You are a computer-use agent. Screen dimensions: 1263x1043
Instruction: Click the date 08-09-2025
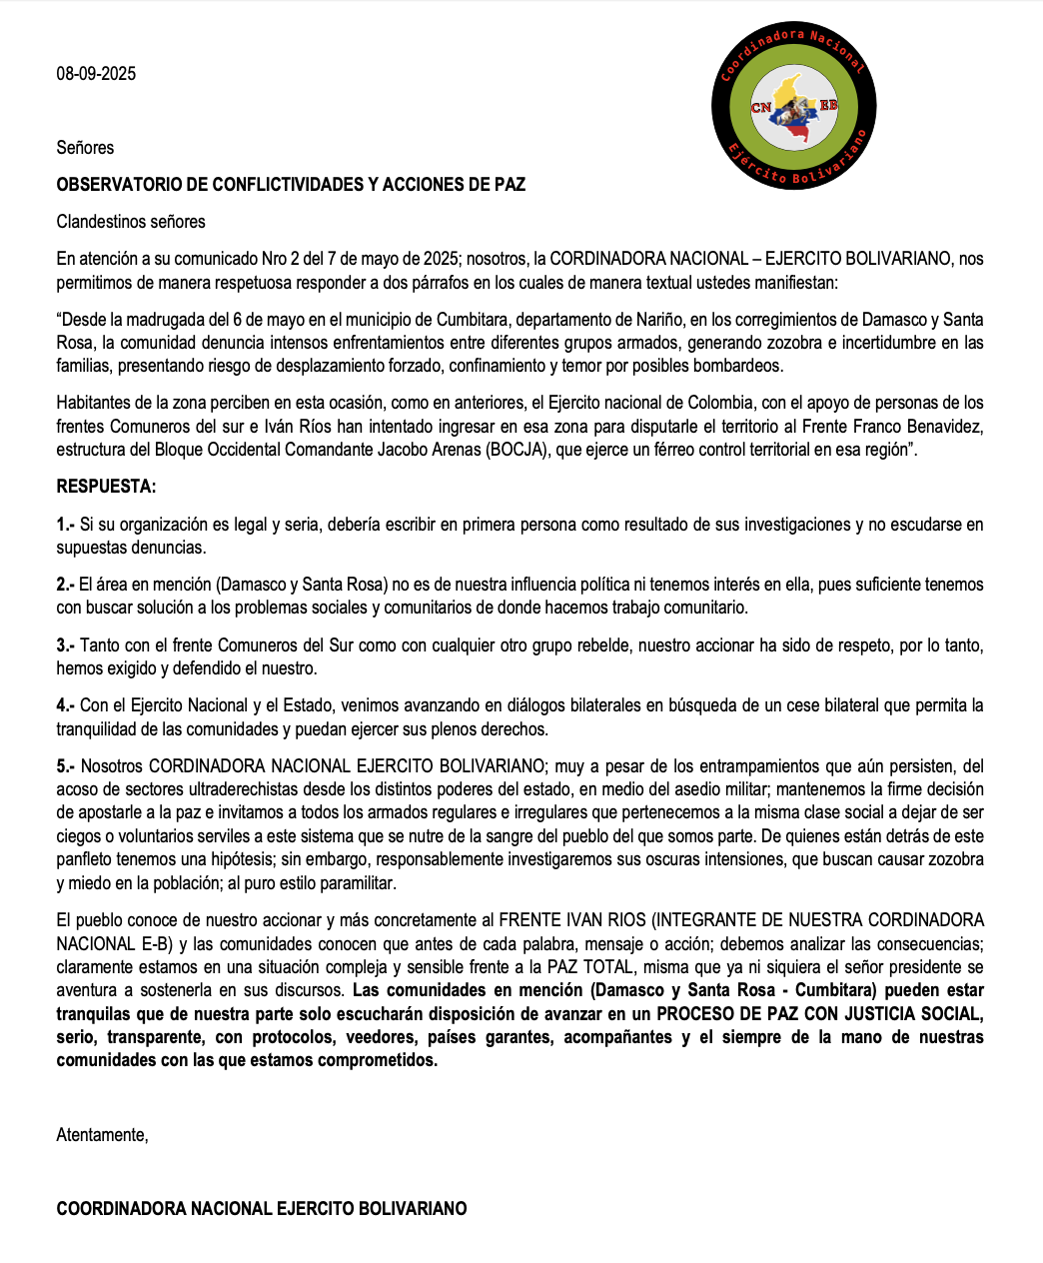(96, 74)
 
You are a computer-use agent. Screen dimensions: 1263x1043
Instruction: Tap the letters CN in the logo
(761, 108)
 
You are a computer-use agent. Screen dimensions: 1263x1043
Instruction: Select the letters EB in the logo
(828, 105)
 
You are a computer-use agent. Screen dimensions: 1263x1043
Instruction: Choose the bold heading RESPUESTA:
(106, 488)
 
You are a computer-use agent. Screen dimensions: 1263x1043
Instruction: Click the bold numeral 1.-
(65, 525)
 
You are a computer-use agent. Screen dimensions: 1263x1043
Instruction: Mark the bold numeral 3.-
(65, 645)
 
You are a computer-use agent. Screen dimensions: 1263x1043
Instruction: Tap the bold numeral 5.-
(65, 766)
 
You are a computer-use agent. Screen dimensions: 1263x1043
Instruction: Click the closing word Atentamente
(102, 1135)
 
